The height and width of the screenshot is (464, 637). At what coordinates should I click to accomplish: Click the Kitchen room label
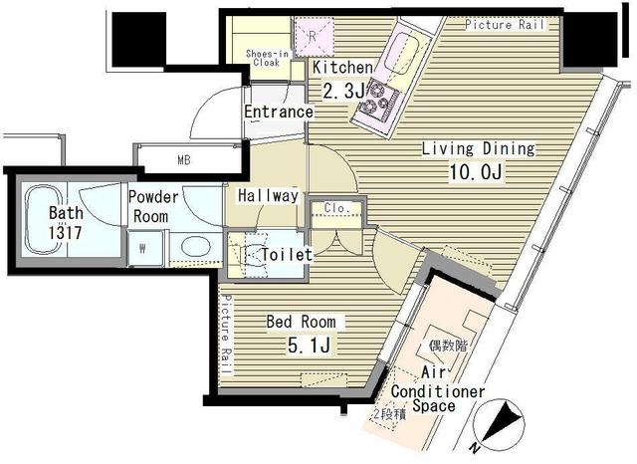pyautogui.click(x=342, y=68)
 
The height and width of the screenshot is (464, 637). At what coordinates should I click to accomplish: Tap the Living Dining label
pyautogui.click(x=478, y=149)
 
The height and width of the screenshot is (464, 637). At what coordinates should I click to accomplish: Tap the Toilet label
pyautogui.click(x=287, y=255)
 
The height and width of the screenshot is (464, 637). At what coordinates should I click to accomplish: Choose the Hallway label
pyautogui.click(x=268, y=196)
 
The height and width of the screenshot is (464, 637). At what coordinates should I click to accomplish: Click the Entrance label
pyautogui.click(x=279, y=112)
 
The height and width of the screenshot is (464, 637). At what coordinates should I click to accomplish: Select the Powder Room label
pyautogui.click(x=152, y=206)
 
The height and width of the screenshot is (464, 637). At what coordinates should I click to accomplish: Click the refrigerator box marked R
pyautogui.click(x=313, y=35)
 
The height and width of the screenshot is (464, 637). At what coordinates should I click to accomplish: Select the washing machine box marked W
pyautogui.click(x=143, y=250)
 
